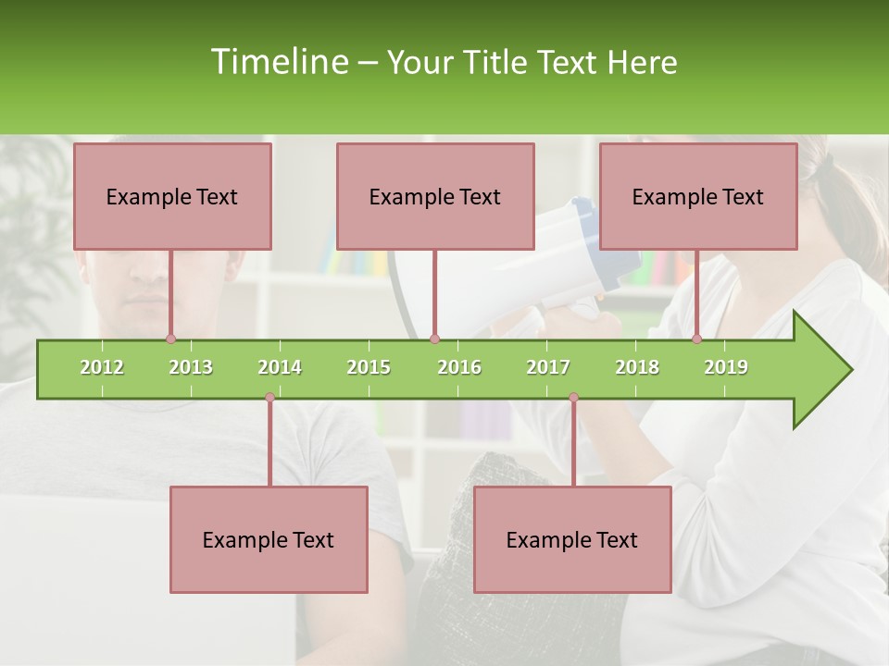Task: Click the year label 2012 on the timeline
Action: (x=102, y=367)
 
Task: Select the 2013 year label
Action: (x=191, y=367)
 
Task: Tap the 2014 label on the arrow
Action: (x=280, y=367)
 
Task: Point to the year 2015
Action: (x=369, y=367)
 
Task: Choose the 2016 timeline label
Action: (x=459, y=367)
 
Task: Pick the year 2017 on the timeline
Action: (x=548, y=367)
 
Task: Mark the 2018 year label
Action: (x=637, y=367)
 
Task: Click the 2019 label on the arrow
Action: (x=726, y=367)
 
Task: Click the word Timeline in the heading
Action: (x=278, y=62)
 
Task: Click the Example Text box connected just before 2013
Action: (x=172, y=196)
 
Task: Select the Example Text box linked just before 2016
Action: (x=435, y=196)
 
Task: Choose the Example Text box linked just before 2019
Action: (x=698, y=196)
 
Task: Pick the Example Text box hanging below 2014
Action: (x=269, y=539)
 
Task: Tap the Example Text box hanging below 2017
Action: (x=572, y=539)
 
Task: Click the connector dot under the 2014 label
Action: (x=269, y=398)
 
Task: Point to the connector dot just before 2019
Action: (x=697, y=339)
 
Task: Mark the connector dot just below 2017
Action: (x=573, y=398)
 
